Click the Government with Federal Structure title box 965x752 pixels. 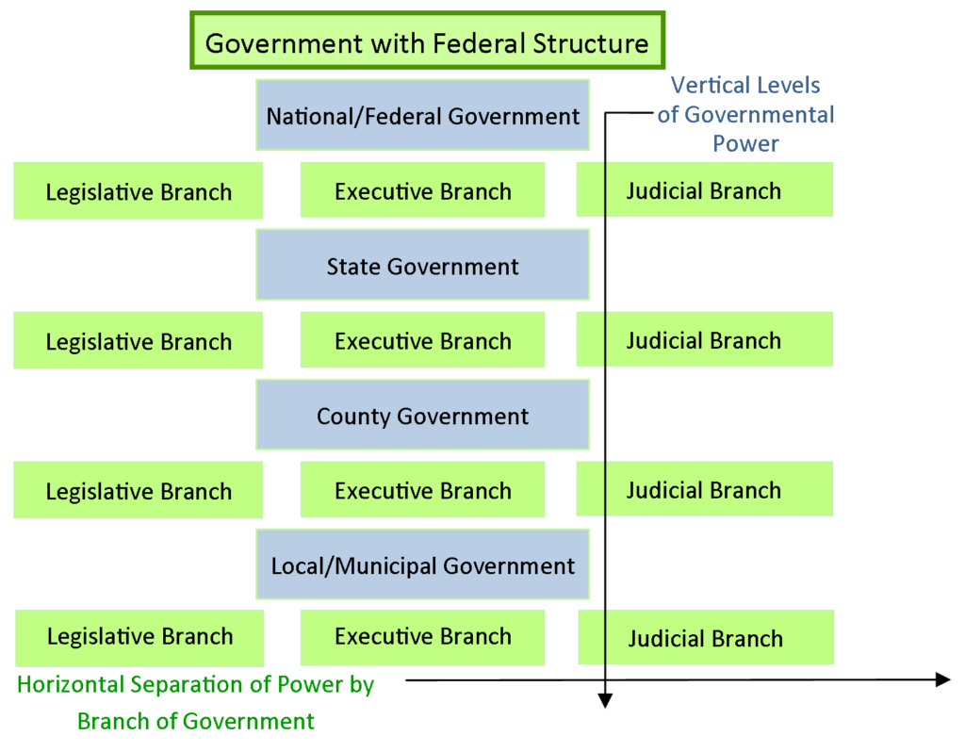[x=427, y=41]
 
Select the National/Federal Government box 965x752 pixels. [x=422, y=115]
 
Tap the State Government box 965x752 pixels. [x=422, y=266]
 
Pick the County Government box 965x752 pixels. [x=422, y=416]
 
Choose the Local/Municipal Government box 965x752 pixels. [x=422, y=565]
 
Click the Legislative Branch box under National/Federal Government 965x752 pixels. [x=139, y=191]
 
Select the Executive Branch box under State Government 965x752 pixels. [x=422, y=340]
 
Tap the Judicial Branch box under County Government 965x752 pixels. [x=704, y=489]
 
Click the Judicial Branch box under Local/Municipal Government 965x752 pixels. [x=705, y=638]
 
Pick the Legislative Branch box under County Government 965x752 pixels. [x=139, y=490]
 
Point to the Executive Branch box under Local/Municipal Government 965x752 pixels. [x=422, y=637]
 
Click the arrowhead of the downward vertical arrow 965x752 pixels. [x=605, y=699]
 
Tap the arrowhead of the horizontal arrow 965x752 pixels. [x=942, y=679]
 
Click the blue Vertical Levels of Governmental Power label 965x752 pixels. [x=745, y=115]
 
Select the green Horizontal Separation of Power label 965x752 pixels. [x=196, y=703]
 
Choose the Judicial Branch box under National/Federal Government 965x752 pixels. [x=704, y=190]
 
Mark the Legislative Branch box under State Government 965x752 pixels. [x=139, y=341]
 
